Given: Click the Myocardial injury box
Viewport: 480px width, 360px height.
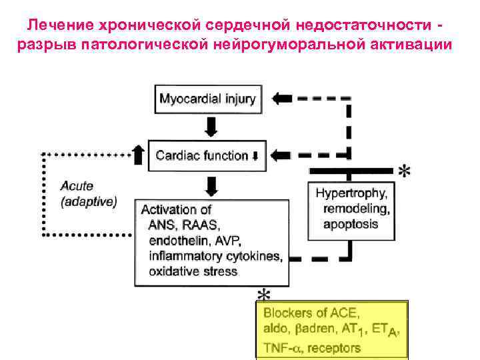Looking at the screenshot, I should pos(207,99).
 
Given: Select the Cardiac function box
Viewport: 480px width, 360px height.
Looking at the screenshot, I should pos(207,155).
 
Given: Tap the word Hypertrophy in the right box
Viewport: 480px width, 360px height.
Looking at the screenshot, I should pos(351,193).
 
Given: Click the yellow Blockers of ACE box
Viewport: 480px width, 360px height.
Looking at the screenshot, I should pos(332,330).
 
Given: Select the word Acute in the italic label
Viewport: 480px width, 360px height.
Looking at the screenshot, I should pos(77,186).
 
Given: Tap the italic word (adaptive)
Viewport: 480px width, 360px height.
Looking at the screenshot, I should pos(89,201).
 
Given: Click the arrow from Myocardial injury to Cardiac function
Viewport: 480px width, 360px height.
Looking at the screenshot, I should pos(211,125).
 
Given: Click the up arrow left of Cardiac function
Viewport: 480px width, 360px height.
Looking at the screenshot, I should pos(138,155).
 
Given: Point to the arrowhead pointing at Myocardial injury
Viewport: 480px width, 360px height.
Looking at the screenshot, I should pos(282,98).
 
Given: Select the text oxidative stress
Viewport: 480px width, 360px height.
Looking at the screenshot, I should pos(194,271).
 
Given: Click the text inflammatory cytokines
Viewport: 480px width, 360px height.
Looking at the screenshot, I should pos(215,256).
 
